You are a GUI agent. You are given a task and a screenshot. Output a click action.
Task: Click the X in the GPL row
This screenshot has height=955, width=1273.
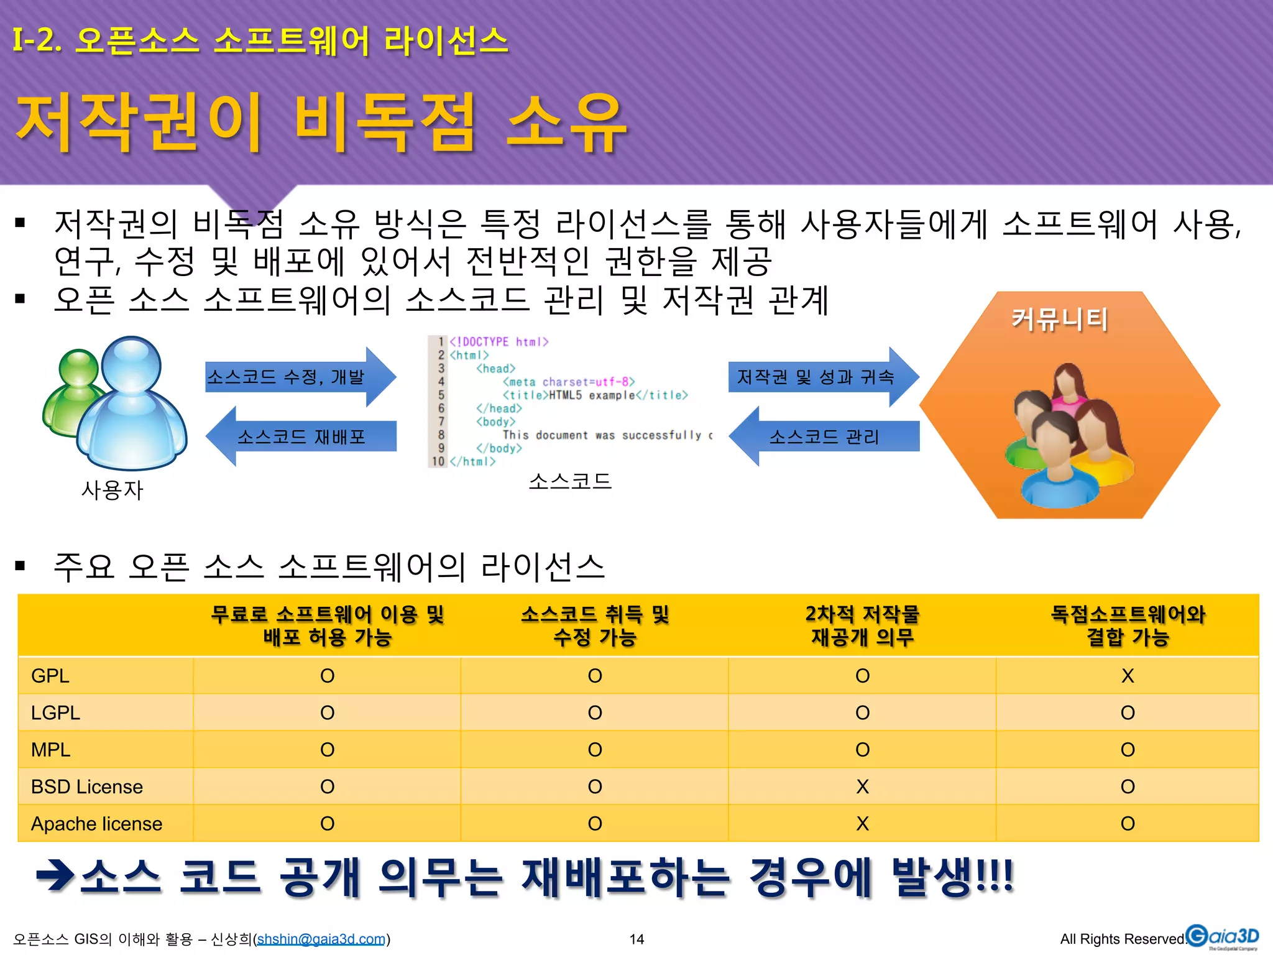1127,676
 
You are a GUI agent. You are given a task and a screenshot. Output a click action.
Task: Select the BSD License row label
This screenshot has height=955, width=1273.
86,787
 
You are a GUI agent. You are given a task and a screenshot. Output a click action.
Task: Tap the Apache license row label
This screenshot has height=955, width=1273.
96,824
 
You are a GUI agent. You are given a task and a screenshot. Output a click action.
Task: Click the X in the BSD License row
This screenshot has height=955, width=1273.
862,787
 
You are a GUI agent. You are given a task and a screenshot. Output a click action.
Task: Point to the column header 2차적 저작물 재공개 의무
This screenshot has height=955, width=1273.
862,625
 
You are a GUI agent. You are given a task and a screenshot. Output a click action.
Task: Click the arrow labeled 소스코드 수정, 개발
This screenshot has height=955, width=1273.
298,377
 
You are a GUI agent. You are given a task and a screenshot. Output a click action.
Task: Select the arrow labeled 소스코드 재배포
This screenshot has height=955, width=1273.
301,436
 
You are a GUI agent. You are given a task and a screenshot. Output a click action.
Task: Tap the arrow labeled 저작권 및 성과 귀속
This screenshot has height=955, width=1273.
820,377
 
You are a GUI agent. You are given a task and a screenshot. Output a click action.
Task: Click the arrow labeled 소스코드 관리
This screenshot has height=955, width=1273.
824,436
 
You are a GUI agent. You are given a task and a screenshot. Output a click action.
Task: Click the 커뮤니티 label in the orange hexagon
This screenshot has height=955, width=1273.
1060,320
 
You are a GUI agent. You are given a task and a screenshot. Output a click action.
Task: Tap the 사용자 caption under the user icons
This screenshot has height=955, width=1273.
113,491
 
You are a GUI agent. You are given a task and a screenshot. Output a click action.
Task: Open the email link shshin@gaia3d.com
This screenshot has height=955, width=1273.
321,939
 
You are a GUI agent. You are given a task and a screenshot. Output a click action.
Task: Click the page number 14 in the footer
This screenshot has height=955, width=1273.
636,939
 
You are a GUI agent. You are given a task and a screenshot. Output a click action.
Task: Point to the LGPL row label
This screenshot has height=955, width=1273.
55,713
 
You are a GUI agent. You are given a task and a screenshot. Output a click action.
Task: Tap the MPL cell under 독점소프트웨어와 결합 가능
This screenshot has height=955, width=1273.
1127,750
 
